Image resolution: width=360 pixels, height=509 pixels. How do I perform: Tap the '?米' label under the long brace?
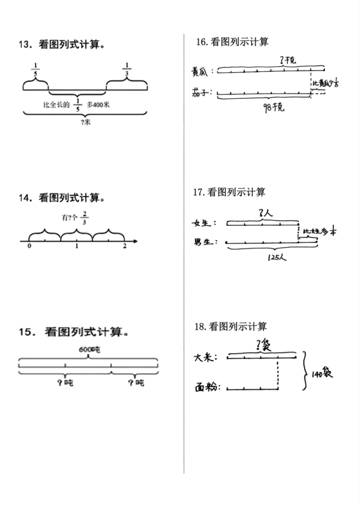[85, 123]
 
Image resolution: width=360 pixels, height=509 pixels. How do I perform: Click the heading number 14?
[25, 197]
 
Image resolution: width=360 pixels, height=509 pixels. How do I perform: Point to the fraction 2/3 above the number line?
[85, 217]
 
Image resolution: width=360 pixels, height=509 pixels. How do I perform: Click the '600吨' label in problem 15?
[90, 350]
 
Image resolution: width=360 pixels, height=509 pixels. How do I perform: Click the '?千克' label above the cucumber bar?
[288, 60]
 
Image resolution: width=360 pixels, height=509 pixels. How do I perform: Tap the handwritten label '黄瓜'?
[201, 72]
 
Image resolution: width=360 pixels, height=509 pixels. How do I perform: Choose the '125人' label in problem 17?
[273, 258]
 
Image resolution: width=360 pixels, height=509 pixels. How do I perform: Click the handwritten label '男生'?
[206, 242]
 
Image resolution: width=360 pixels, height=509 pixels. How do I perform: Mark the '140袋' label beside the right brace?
[321, 373]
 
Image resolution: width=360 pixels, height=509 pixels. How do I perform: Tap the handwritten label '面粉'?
[208, 388]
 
